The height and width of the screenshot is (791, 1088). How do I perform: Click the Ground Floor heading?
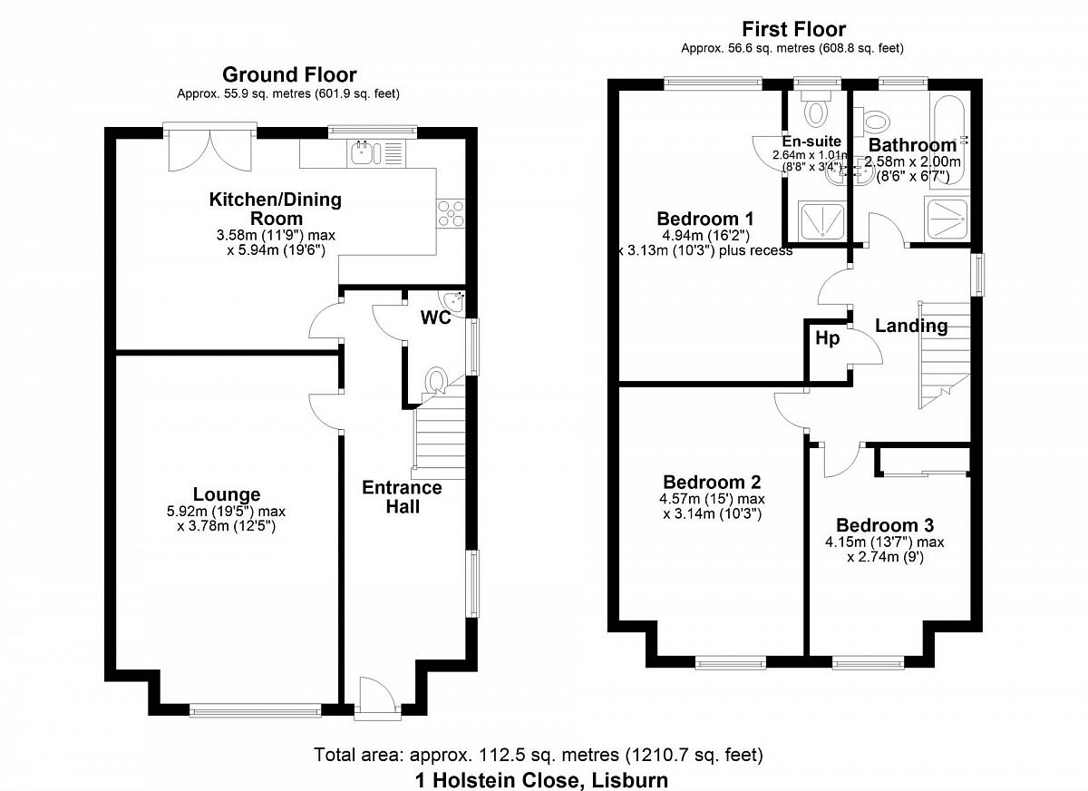(289, 74)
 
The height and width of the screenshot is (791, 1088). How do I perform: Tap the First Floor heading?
(793, 30)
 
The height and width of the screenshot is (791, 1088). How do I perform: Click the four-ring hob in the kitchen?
(451, 213)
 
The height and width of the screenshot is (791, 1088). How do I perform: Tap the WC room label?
(436, 317)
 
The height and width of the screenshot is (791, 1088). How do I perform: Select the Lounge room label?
(227, 494)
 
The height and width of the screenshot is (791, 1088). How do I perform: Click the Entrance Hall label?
(403, 497)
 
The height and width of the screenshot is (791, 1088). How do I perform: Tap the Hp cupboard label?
(827, 338)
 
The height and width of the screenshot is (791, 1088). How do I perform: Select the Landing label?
(911, 326)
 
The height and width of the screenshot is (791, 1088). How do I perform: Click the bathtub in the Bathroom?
(949, 140)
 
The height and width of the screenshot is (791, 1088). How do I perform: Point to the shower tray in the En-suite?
(821, 222)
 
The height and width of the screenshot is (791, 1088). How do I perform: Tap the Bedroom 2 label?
(712, 482)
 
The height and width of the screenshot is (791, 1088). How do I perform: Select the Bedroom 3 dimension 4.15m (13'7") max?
(885, 542)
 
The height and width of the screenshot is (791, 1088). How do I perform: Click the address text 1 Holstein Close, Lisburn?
(541, 780)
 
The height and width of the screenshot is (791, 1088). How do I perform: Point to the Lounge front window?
(256, 712)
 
